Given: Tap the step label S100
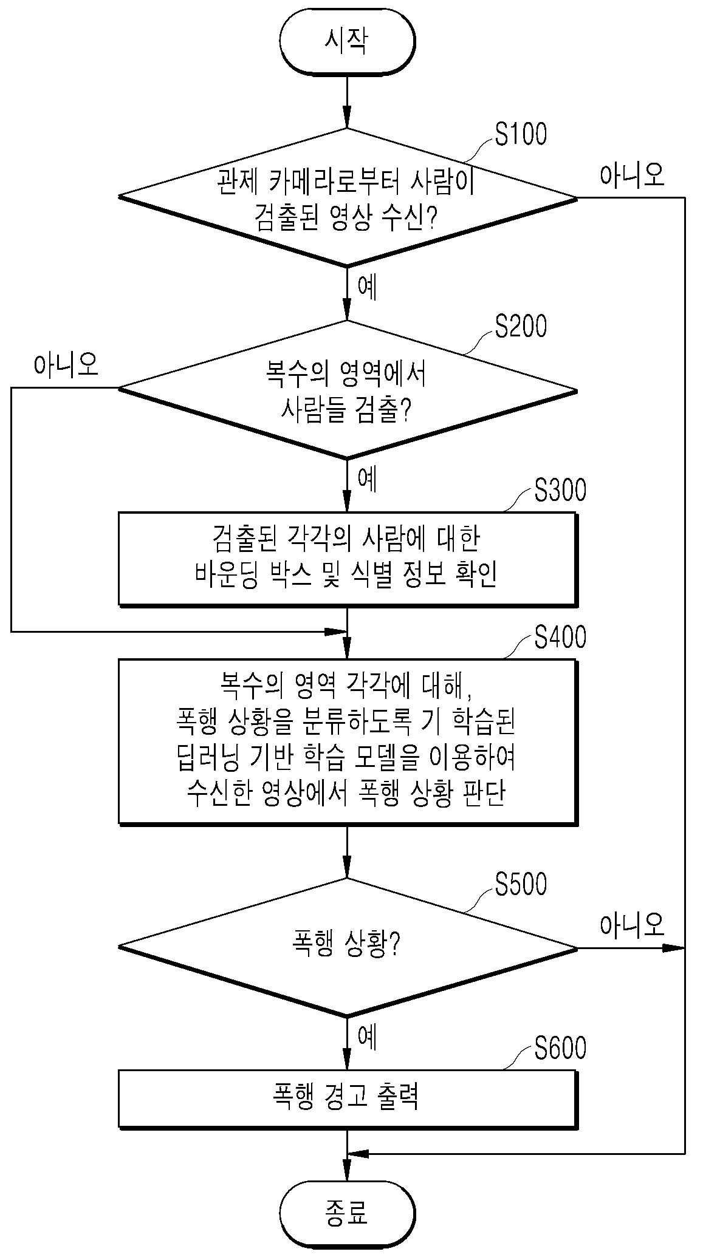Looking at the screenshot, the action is tap(521, 134).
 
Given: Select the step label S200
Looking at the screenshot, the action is tap(521, 326).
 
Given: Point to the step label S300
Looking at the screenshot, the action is tap(560, 490).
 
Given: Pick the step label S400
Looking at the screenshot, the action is tap(560, 638).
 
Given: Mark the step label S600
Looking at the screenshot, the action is tap(560, 1049).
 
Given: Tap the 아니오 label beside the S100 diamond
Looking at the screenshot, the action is tap(633, 175).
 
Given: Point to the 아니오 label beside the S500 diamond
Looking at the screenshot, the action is tap(633, 924).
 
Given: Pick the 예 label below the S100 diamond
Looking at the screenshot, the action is tap(368, 288).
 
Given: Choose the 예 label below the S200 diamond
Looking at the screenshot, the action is tap(368, 480).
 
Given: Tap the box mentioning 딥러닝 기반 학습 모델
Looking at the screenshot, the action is tap(348, 742).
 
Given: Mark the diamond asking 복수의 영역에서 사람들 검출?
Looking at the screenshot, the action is tap(348, 389).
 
